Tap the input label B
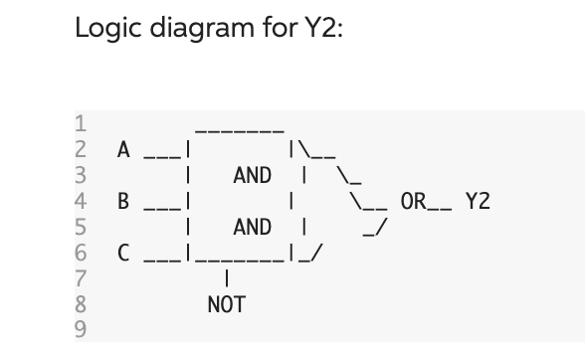tap(123, 202)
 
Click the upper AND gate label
tap(252, 176)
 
